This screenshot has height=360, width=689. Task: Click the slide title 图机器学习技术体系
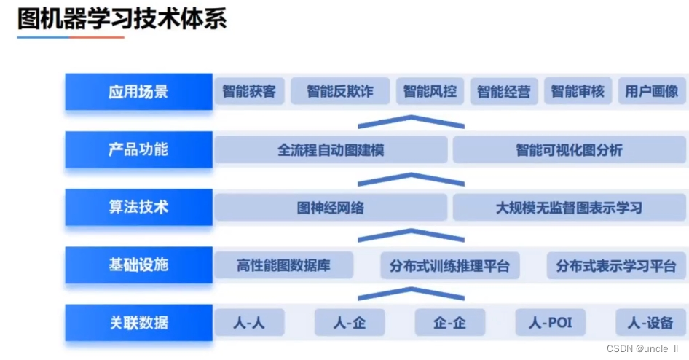click(122, 19)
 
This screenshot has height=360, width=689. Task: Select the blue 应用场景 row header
click(138, 92)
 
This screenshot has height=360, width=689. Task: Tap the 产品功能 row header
click(138, 149)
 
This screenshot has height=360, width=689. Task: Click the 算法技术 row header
click(138, 207)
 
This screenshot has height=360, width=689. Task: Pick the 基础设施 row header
click(138, 265)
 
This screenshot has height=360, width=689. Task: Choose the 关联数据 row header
click(138, 322)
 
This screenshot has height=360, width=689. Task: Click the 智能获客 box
click(249, 92)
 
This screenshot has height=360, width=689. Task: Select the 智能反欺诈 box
click(339, 92)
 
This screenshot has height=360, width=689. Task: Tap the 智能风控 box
click(430, 92)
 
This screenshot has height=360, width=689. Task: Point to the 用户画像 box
click(651, 92)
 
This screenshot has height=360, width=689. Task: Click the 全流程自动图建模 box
click(331, 150)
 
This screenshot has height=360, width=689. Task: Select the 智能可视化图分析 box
click(569, 150)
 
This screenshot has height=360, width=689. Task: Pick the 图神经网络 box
click(331, 208)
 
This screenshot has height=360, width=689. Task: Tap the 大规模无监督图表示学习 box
click(569, 208)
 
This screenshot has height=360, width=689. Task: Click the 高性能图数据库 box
click(283, 265)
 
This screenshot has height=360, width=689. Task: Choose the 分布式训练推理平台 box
click(449, 265)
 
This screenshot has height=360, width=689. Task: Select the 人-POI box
click(550, 322)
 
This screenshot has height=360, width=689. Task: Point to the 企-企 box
click(449, 322)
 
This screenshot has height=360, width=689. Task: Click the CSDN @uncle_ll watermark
click(643, 348)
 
